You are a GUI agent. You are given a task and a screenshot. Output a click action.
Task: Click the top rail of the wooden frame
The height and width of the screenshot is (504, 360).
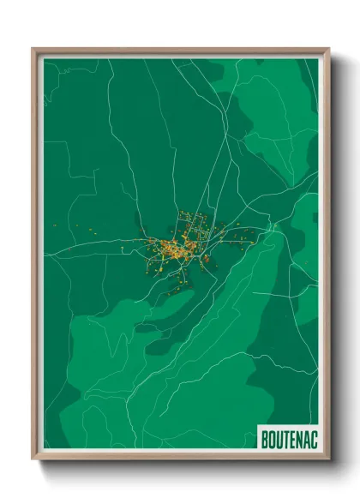pos(180,51)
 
